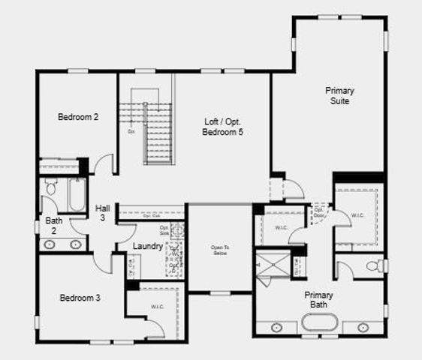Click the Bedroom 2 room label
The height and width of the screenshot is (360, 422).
79,117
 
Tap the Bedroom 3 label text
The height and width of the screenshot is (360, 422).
80,298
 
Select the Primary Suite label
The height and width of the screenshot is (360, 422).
339,95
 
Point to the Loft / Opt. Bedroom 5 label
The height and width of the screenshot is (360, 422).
223,126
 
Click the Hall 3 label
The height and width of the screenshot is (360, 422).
103,212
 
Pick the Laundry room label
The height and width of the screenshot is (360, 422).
148,246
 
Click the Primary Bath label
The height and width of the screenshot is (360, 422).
319,299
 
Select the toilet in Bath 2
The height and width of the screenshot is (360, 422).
52,187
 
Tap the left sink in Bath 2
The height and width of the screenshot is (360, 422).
53,244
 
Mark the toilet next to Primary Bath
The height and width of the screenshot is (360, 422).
374,265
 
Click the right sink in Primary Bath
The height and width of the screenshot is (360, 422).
363,327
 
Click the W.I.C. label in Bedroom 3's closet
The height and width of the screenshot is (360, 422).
157,306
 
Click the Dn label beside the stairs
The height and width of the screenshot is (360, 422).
131,131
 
